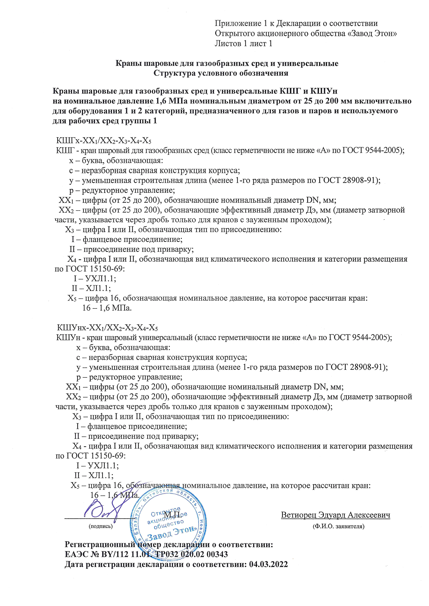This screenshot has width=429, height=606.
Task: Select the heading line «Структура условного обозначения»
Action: tap(221, 73)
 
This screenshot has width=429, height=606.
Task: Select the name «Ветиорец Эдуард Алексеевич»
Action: tap(336, 515)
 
